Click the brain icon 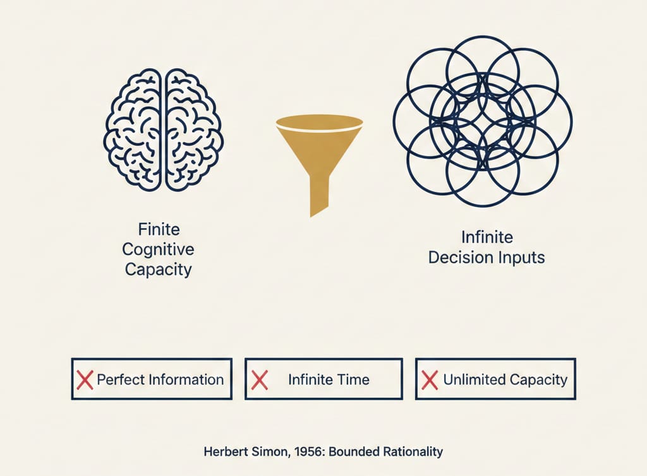[164, 129]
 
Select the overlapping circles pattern [483, 121]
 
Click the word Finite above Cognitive [158, 229]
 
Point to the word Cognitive [158, 248]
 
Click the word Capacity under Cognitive [158, 269]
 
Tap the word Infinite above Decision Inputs [487, 238]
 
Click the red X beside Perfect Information [85, 379]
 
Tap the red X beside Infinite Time [259, 379]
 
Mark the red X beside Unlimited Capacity [430, 379]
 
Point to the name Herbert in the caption [224, 452]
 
